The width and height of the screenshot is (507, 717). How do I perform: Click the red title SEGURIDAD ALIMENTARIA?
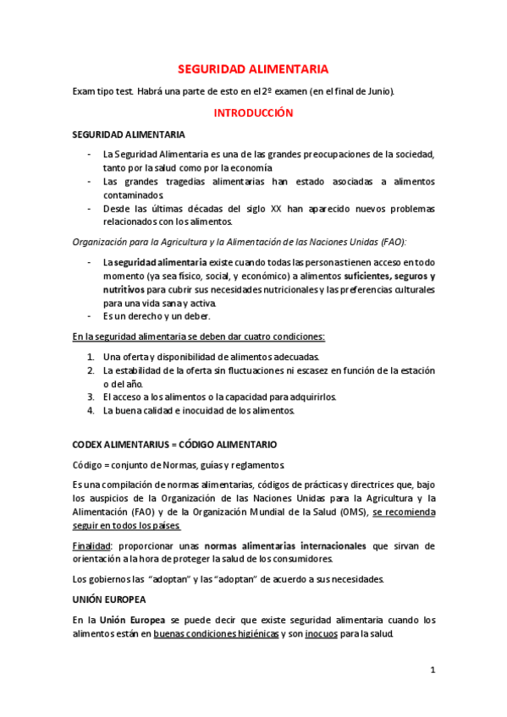click(x=252, y=69)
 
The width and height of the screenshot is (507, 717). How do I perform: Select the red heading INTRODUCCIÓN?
click(x=252, y=112)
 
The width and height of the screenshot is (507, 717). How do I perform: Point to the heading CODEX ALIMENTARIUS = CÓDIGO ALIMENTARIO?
click(x=174, y=444)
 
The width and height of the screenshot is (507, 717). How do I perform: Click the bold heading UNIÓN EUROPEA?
click(x=108, y=599)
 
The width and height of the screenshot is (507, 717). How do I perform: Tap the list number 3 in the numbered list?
click(x=91, y=396)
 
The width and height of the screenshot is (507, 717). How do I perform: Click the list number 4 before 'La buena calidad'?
click(x=91, y=411)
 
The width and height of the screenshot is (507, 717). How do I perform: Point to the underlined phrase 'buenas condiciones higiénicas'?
click(x=216, y=634)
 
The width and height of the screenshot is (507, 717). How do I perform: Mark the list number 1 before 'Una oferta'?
click(x=91, y=357)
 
